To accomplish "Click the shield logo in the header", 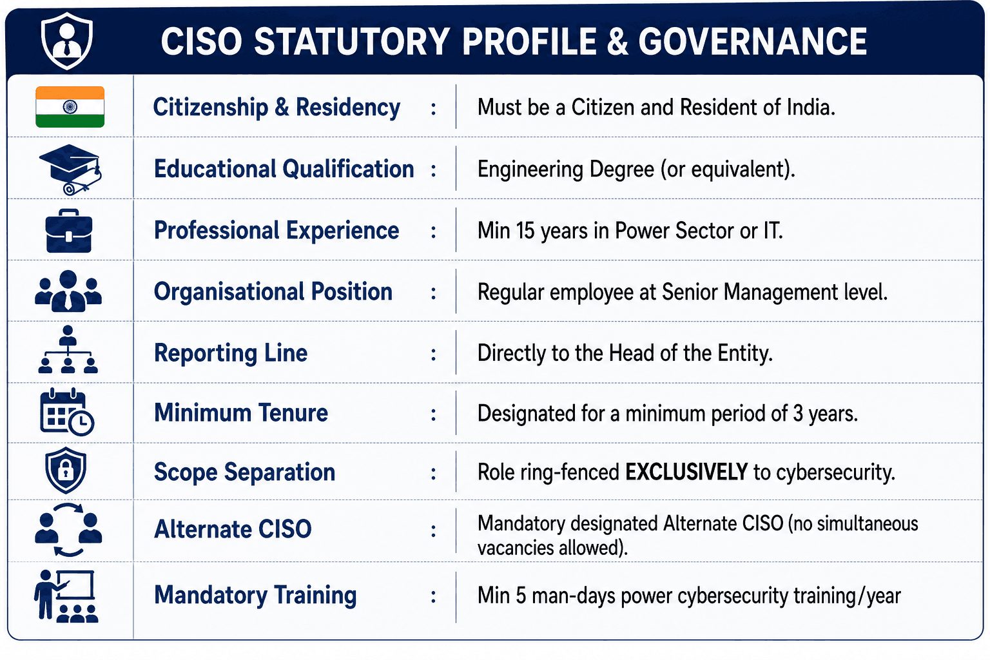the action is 67,41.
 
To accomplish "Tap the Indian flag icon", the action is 70,107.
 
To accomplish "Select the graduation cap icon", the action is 70,170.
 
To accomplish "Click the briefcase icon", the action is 69,231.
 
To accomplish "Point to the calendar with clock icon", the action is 67,412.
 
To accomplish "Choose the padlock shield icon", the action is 66,470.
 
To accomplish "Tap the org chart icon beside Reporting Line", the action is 68,349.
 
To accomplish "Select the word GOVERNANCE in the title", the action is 752,41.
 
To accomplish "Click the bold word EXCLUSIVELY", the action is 687,472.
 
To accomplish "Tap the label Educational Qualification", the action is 284,170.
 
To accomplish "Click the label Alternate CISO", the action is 233,529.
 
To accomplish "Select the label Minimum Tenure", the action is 241,413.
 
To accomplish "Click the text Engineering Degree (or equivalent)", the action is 636,170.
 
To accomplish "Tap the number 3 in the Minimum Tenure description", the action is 798,413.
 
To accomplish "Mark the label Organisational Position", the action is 273,292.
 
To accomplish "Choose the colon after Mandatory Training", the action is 434,597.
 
